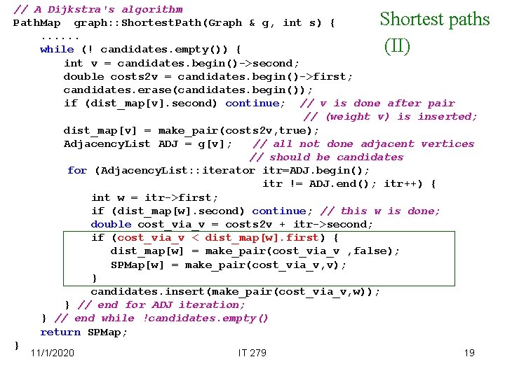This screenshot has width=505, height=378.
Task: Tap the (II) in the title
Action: [x=396, y=46]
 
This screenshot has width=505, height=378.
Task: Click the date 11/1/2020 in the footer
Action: [x=53, y=353]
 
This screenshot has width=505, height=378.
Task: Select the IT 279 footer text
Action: [x=252, y=353]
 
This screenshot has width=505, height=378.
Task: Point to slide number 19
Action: [x=469, y=353]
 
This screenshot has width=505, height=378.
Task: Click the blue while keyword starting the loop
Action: [x=57, y=50]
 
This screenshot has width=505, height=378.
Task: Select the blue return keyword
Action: [x=60, y=332]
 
